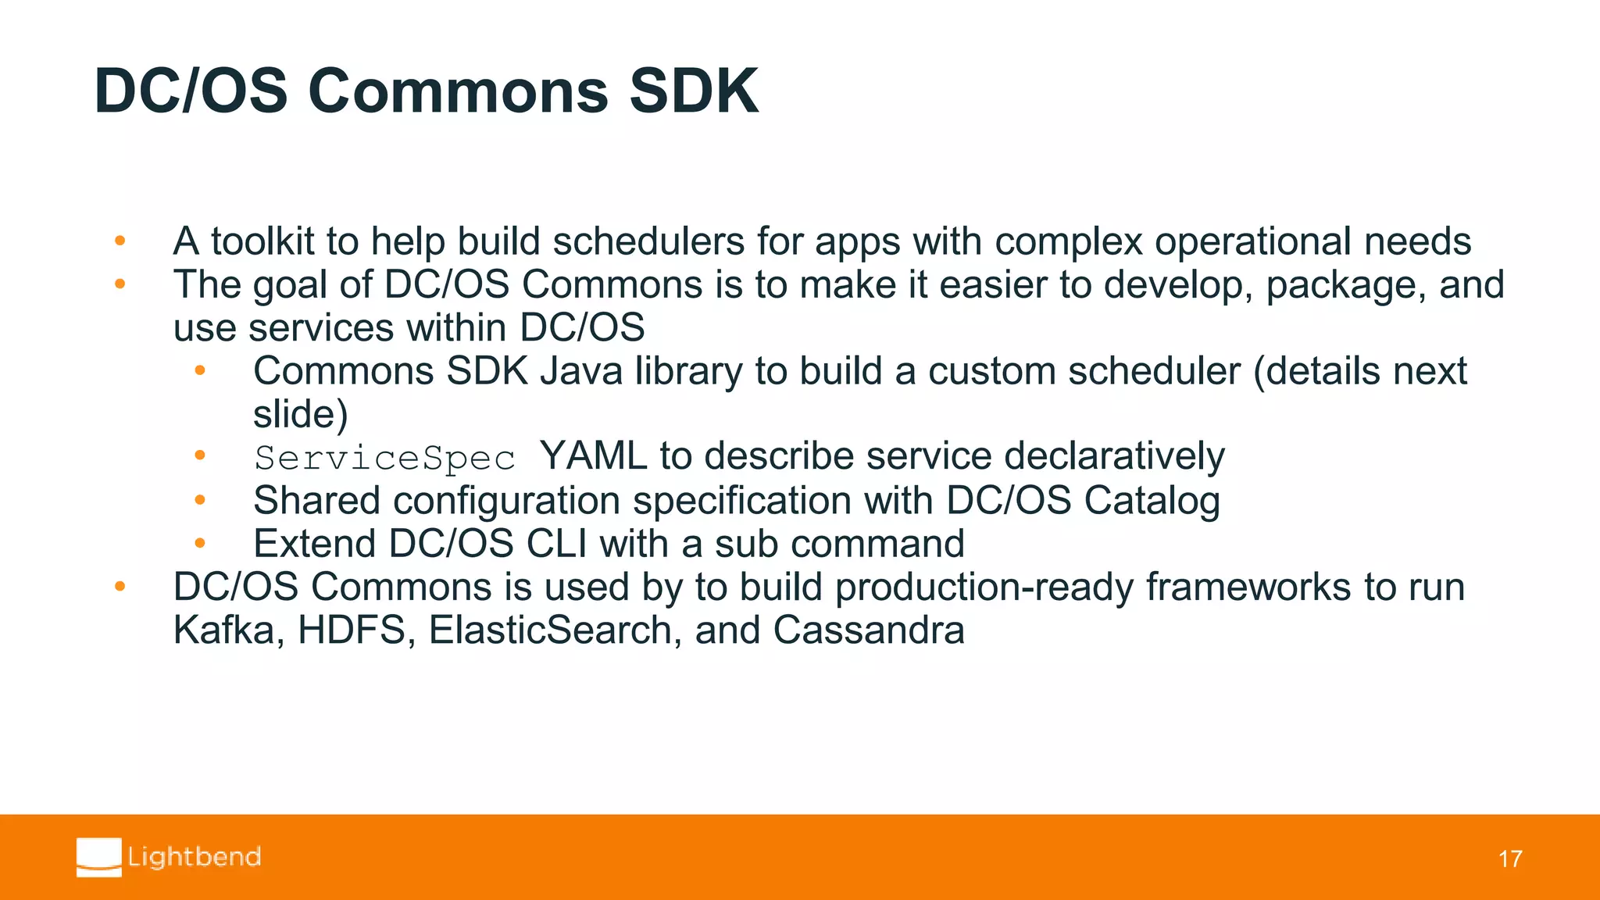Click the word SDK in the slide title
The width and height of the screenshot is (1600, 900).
pyautogui.click(x=693, y=91)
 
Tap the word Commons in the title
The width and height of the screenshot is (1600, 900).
pyautogui.click(x=458, y=91)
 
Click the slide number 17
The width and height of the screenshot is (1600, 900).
pyautogui.click(x=1509, y=859)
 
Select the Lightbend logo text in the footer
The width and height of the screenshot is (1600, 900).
pyautogui.click(x=195, y=857)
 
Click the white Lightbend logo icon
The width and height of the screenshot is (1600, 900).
pyautogui.click(x=99, y=857)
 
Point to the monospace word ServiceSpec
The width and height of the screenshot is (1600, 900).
pyautogui.click(x=384, y=458)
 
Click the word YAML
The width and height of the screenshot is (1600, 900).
pyautogui.click(x=593, y=456)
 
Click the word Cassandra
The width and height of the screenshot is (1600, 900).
pyautogui.click(x=869, y=630)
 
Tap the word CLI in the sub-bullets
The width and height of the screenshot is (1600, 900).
pyautogui.click(x=556, y=544)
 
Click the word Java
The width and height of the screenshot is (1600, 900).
pyautogui.click(x=581, y=371)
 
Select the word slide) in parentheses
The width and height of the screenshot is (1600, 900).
pyautogui.click(x=300, y=414)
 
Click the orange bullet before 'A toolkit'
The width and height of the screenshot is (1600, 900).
pyautogui.click(x=120, y=241)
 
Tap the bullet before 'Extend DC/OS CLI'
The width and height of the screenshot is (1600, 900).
pyautogui.click(x=200, y=543)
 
